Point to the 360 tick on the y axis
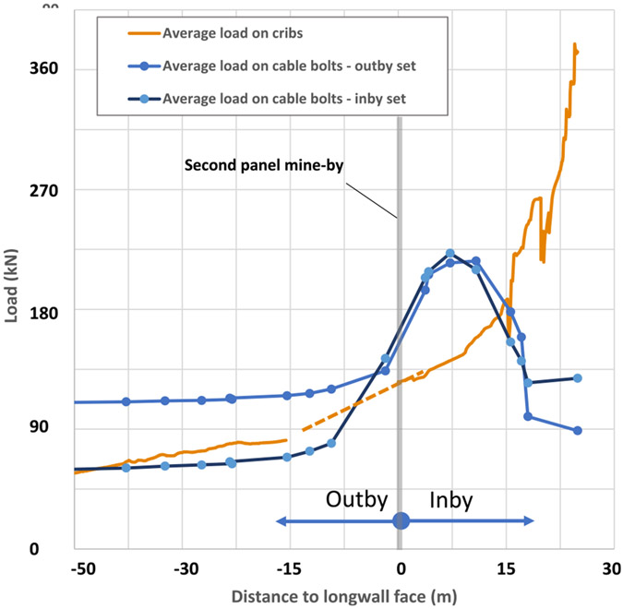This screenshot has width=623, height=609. (42, 69)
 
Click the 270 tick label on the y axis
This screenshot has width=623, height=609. (42, 190)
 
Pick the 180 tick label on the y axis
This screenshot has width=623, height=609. (42, 310)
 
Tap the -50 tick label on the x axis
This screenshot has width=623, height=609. (82, 566)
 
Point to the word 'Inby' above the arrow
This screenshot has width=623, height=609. (451, 500)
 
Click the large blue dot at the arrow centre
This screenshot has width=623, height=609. (401, 521)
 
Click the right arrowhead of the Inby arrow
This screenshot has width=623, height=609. (529, 521)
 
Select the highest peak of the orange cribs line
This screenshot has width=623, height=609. (574, 44)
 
